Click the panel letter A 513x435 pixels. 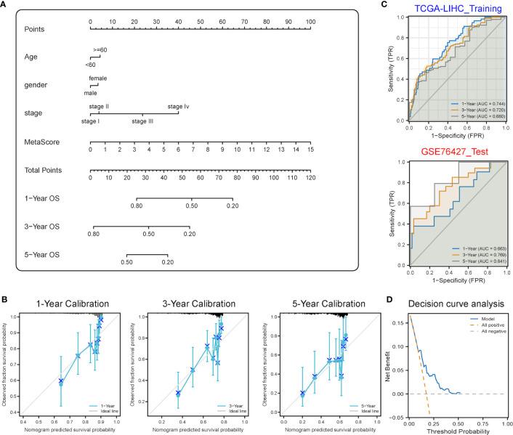point(5,5)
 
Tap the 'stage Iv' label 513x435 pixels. point(179,107)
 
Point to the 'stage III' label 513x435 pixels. point(143,121)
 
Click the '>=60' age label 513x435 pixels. point(100,49)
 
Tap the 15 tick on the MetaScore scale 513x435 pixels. point(311,153)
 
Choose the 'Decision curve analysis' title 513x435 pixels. point(455,303)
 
